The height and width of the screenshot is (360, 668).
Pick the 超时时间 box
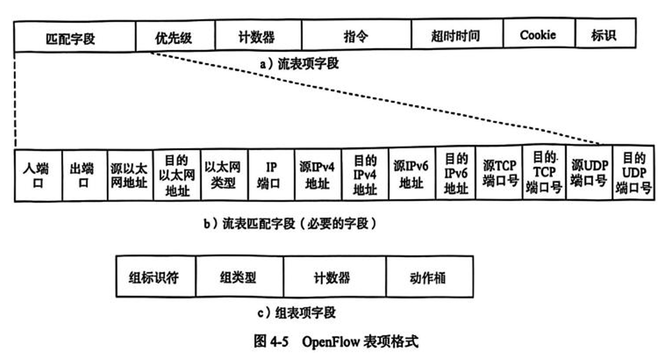tap(456, 36)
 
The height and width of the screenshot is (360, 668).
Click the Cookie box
tap(538, 36)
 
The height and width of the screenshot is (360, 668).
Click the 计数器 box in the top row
tap(257, 37)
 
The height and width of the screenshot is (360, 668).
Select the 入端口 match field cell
tap(38, 175)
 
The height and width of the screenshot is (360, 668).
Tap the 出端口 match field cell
tap(84, 175)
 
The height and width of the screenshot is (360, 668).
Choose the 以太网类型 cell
tap(224, 175)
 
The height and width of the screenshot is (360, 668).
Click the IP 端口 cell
tap(271, 175)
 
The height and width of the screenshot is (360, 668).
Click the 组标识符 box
tap(156, 277)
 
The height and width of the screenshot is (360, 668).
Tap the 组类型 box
tap(239, 277)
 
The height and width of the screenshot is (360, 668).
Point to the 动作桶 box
tap(429, 277)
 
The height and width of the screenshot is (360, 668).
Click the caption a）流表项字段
tap(299, 64)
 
